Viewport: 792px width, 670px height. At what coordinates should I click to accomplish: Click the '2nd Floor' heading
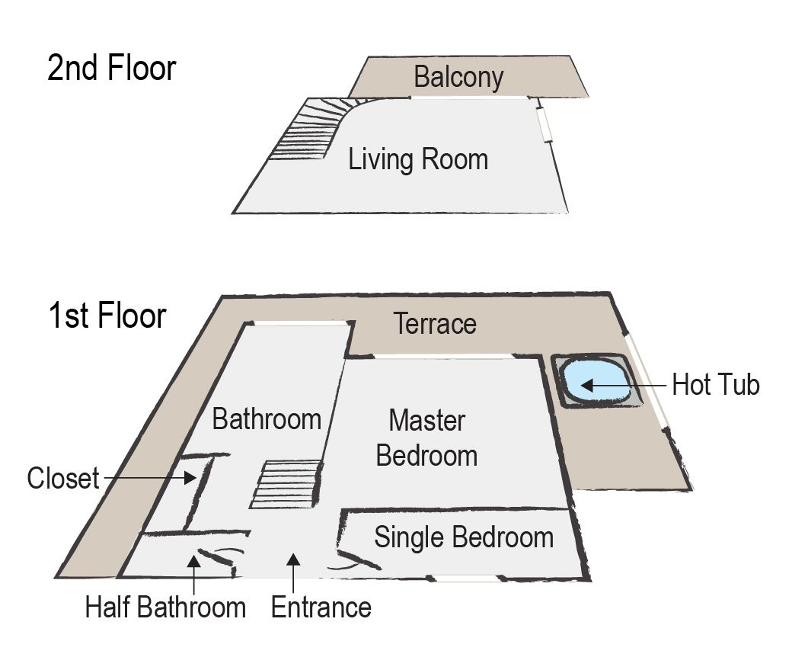(111, 69)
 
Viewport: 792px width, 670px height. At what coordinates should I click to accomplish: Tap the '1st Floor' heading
(107, 315)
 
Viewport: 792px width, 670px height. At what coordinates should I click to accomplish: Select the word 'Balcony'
(458, 77)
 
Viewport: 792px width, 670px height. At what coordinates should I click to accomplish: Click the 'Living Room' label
(418, 160)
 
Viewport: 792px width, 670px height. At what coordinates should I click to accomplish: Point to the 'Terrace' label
(435, 324)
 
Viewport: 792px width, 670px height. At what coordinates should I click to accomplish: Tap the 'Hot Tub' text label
(715, 385)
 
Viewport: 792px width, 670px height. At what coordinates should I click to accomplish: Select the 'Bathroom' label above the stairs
(266, 419)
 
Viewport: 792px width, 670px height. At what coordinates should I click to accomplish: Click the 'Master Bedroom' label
(426, 438)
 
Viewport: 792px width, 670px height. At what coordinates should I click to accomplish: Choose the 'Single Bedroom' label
(463, 537)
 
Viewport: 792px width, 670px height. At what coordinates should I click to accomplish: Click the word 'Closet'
(63, 479)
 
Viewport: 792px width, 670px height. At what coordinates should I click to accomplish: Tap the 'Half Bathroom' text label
(165, 607)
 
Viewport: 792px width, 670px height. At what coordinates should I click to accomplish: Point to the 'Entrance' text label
(321, 607)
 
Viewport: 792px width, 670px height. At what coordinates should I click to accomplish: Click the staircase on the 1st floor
(286, 484)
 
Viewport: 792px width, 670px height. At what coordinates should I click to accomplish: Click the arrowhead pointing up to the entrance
(292, 562)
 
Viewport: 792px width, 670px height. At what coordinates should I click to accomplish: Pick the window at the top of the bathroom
(299, 323)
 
